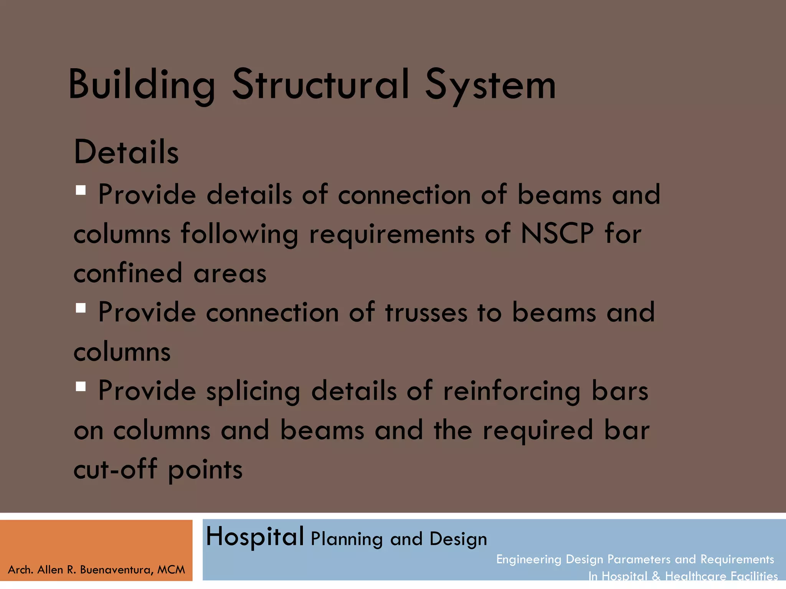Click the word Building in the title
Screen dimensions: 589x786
[141, 85]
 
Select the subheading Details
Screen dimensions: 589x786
[126, 152]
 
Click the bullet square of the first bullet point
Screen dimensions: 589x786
[81, 190]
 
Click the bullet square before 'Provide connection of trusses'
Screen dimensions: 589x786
[81, 308]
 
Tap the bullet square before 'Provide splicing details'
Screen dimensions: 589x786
[81, 386]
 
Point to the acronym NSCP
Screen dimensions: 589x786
[557, 233]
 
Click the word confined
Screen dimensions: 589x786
[128, 273]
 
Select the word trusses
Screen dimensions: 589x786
[426, 313]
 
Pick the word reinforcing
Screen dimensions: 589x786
[512, 392]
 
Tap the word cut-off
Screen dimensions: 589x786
[115, 469]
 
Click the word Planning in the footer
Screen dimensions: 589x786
[347, 539]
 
